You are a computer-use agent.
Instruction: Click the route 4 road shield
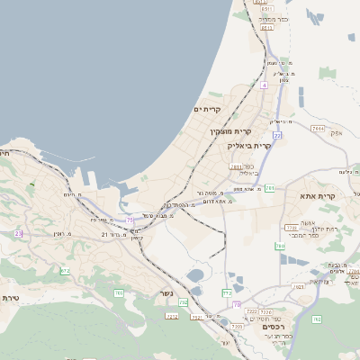click(265, 85)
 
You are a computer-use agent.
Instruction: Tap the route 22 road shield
click(278, 136)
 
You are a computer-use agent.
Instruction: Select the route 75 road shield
click(130, 219)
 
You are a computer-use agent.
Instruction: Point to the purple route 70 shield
click(237, 305)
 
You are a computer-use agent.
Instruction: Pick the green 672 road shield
click(65, 270)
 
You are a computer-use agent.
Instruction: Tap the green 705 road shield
click(184, 303)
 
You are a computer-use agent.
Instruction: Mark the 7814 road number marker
click(318, 129)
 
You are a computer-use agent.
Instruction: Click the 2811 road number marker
click(236, 166)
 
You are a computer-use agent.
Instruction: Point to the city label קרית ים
click(207, 109)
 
